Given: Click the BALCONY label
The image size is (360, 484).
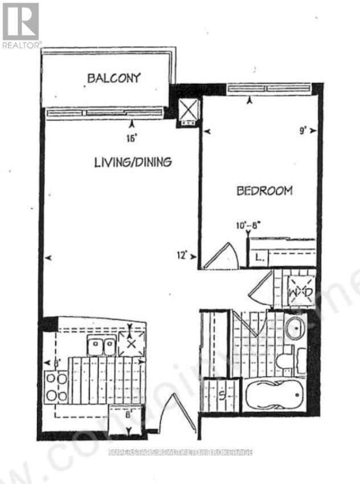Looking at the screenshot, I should click(114, 78).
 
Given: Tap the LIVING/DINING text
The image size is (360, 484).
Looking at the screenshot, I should click(133, 162).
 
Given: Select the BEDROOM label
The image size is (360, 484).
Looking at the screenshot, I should click(264, 191).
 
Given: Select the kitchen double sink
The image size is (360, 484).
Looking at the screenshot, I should click(101, 345).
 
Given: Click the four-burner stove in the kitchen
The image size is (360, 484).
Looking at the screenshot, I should click(56, 387).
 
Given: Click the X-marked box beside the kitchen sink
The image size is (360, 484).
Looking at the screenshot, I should click(130, 344).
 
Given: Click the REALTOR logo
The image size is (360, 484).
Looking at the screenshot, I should click(21, 25).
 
